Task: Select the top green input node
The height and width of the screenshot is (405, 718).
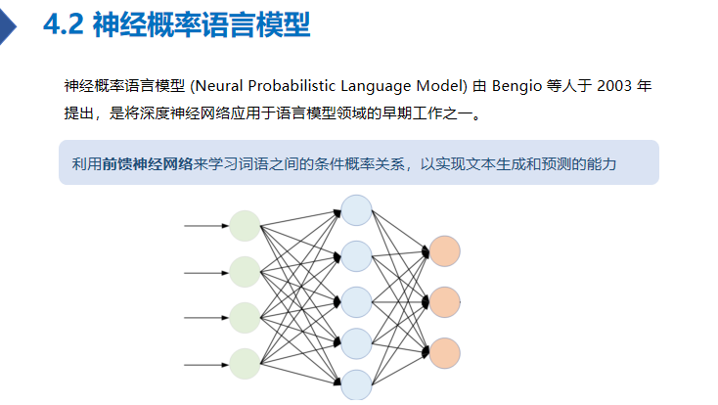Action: (245, 226)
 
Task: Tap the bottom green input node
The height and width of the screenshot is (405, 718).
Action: (245, 364)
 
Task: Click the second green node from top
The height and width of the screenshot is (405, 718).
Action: (245, 272)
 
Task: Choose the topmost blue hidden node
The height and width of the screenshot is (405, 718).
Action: (356, 210)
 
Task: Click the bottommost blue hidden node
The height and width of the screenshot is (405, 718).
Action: (356, 385)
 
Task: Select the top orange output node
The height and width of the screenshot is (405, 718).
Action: (444, 251)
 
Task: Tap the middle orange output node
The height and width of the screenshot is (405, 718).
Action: (444, 301)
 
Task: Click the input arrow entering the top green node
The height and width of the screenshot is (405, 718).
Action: (205, 226)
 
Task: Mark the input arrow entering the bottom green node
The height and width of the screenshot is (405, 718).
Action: (205, 364)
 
